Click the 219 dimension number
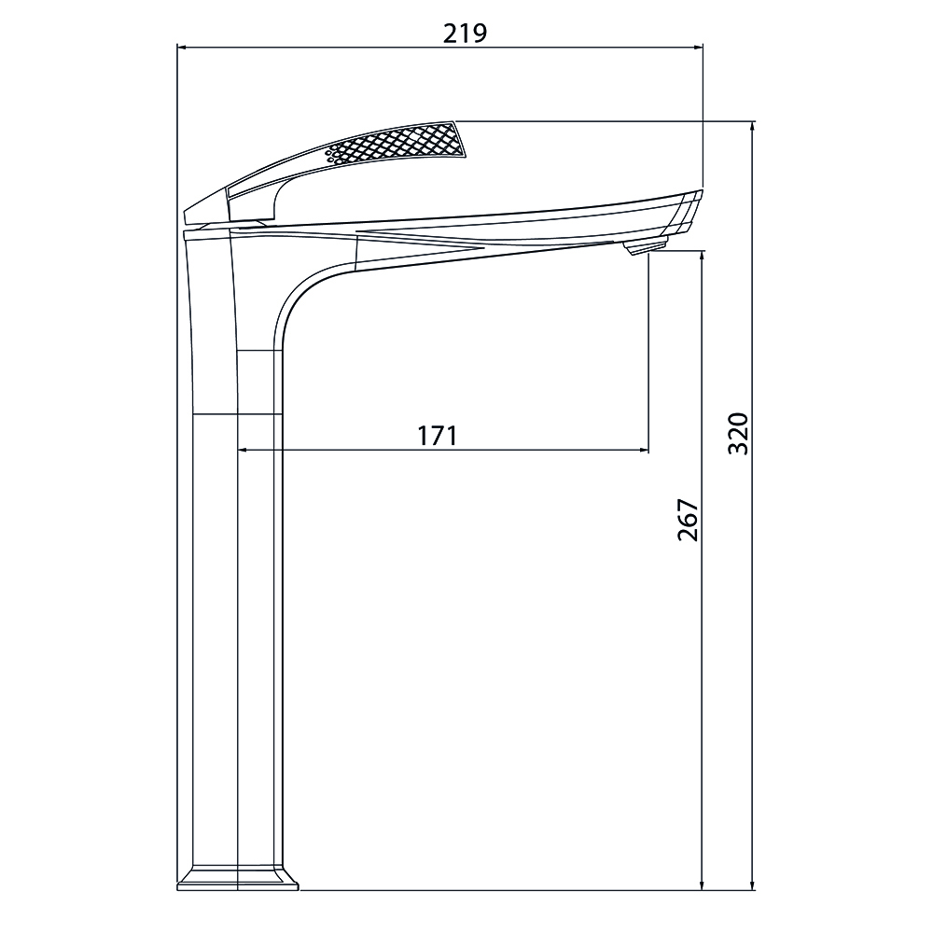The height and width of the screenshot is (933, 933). coord(465,34)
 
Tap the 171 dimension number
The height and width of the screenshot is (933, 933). coord(438,436)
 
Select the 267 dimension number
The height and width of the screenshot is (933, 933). coord(688,520)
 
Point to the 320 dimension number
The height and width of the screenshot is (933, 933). coord(738,433)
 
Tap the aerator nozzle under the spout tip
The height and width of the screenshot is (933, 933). coord(645,245)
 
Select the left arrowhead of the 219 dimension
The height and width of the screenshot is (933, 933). coord(182,47)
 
